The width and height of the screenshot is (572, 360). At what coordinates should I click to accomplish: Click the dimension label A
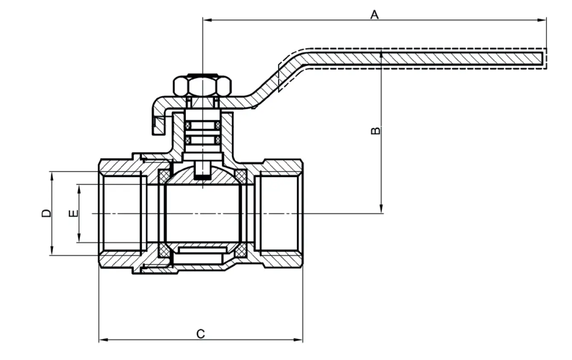[x=374, y=15]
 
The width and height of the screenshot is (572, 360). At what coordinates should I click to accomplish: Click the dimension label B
[x=375, y=130]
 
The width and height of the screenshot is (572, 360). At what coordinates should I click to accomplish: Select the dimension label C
[x=200, y=333]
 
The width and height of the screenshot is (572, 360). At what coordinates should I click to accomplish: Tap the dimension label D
[x=46, y=213]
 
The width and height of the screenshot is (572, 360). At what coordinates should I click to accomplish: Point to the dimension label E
[x=73, y=213]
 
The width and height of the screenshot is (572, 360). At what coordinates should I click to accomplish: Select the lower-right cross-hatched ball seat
[x=240, y=251]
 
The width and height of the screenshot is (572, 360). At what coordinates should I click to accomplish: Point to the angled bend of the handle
[x=278, y=77]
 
